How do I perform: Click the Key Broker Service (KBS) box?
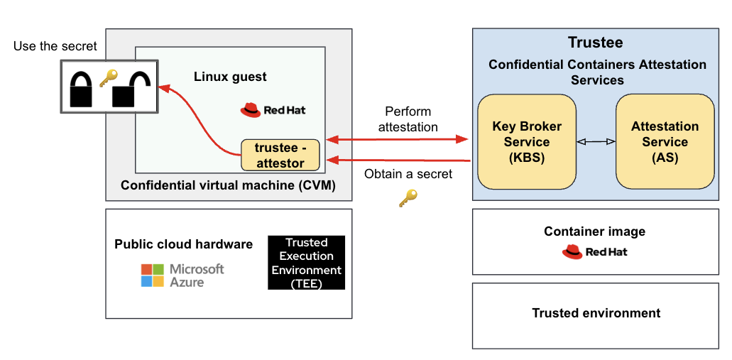[527, 142]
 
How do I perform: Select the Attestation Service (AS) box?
[665, 142]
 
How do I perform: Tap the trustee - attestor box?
[280, 156]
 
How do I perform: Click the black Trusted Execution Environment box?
[306, 263]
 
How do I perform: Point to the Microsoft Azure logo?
[182, 275]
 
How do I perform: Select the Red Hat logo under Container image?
[595, 251]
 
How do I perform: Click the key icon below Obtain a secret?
[408, 199]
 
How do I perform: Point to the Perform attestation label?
[408, 119]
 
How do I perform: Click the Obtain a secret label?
[408, 175]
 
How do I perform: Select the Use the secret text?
[55, 47]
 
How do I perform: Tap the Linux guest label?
[230, 76]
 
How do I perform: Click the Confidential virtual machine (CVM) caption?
[228, 186]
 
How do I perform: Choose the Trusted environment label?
[596, 313]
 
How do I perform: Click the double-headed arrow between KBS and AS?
[596, 142]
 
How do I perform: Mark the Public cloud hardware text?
[183, 244]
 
